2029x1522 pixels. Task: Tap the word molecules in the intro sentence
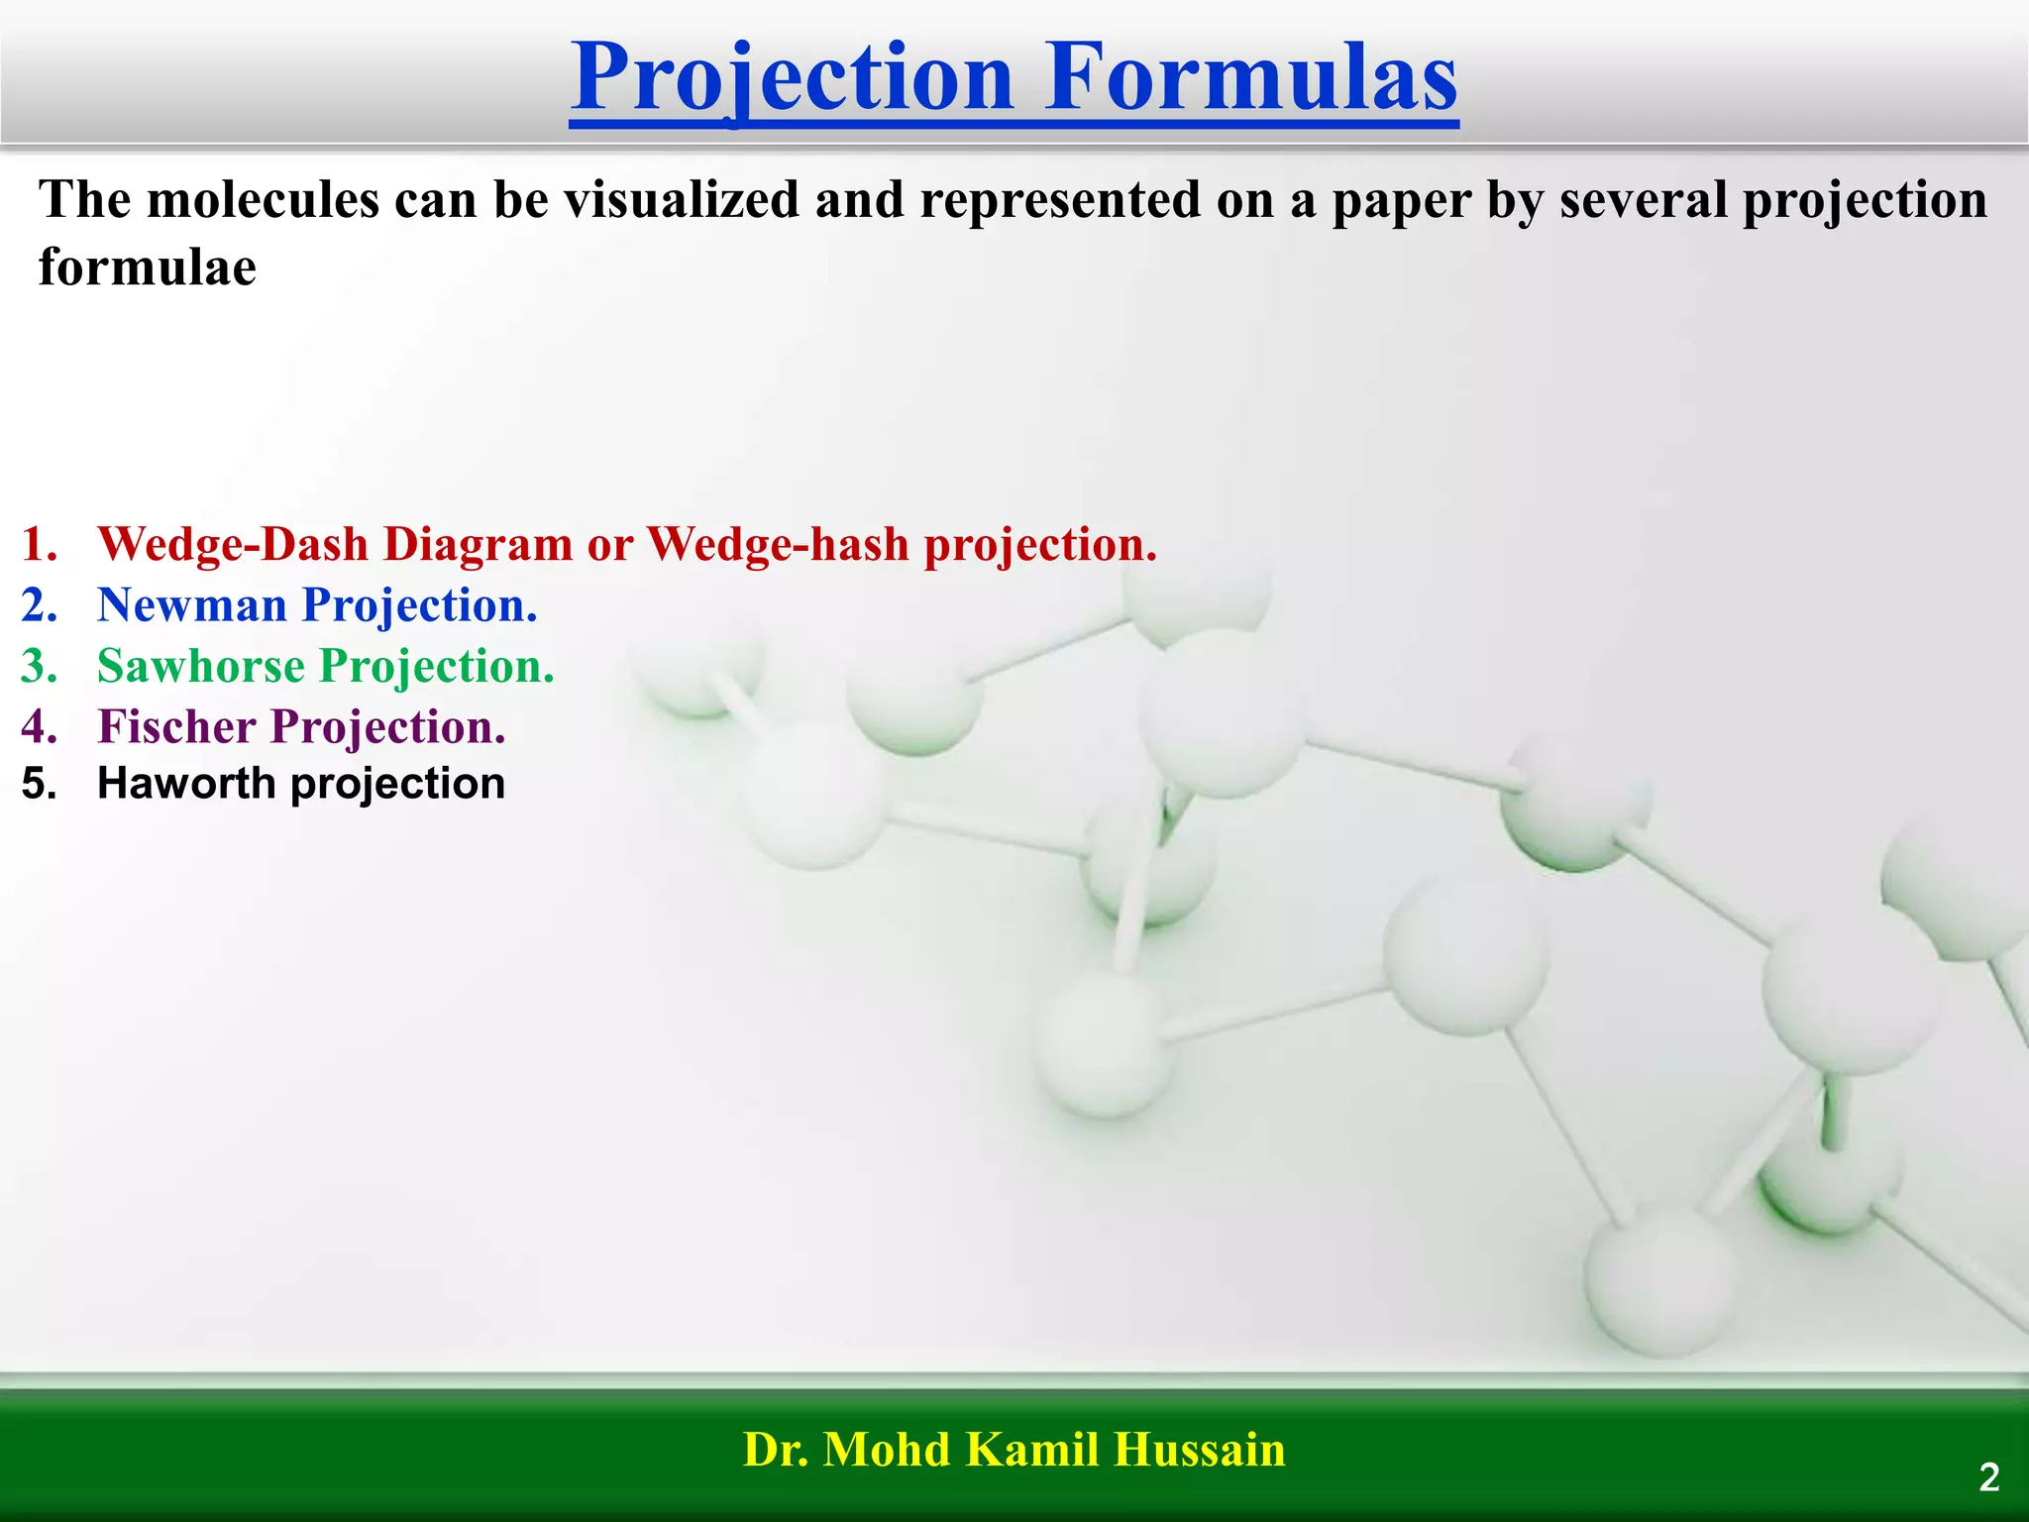(x=263, y=200)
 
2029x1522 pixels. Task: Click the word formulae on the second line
(x=148, y=268)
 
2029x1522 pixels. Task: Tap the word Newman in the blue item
(x=191, y=605)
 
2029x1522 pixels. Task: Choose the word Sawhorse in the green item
(x=200, y=666)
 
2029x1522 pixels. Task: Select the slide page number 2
(x=1988, y=1477)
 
